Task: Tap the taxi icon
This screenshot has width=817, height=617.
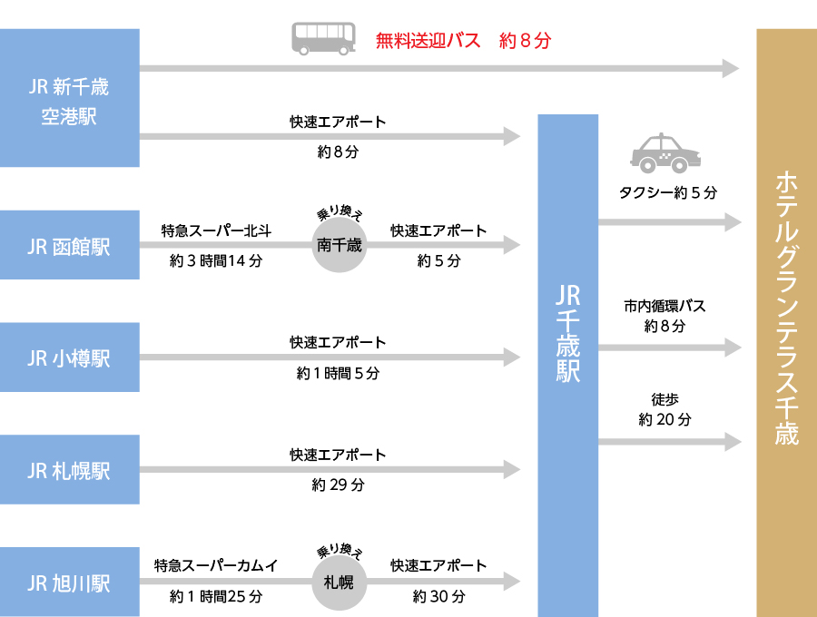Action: (x=665, y=153)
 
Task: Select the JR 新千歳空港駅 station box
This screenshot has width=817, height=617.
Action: (x=70, y=99)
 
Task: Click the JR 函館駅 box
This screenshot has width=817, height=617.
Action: (x=70, y=246)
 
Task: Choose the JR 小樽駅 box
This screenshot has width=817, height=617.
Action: (x=70, y=357)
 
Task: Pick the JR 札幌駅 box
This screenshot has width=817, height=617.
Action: (x=70, y=470)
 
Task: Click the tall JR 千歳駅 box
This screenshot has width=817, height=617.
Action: (x=568, y=363)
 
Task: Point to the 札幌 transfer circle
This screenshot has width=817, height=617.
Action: (x=339, y=582)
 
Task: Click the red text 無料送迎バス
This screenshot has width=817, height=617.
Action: (x=428, y=41)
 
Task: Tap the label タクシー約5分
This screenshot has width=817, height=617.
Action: (x=668, y=192)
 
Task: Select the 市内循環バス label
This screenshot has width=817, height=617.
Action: (x=664, y=307)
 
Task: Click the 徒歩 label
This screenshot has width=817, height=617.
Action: (x=664, y=399)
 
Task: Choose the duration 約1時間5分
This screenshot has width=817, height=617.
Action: (x=338, y=373)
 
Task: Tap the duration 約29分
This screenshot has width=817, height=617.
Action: (x=338, y=485)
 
